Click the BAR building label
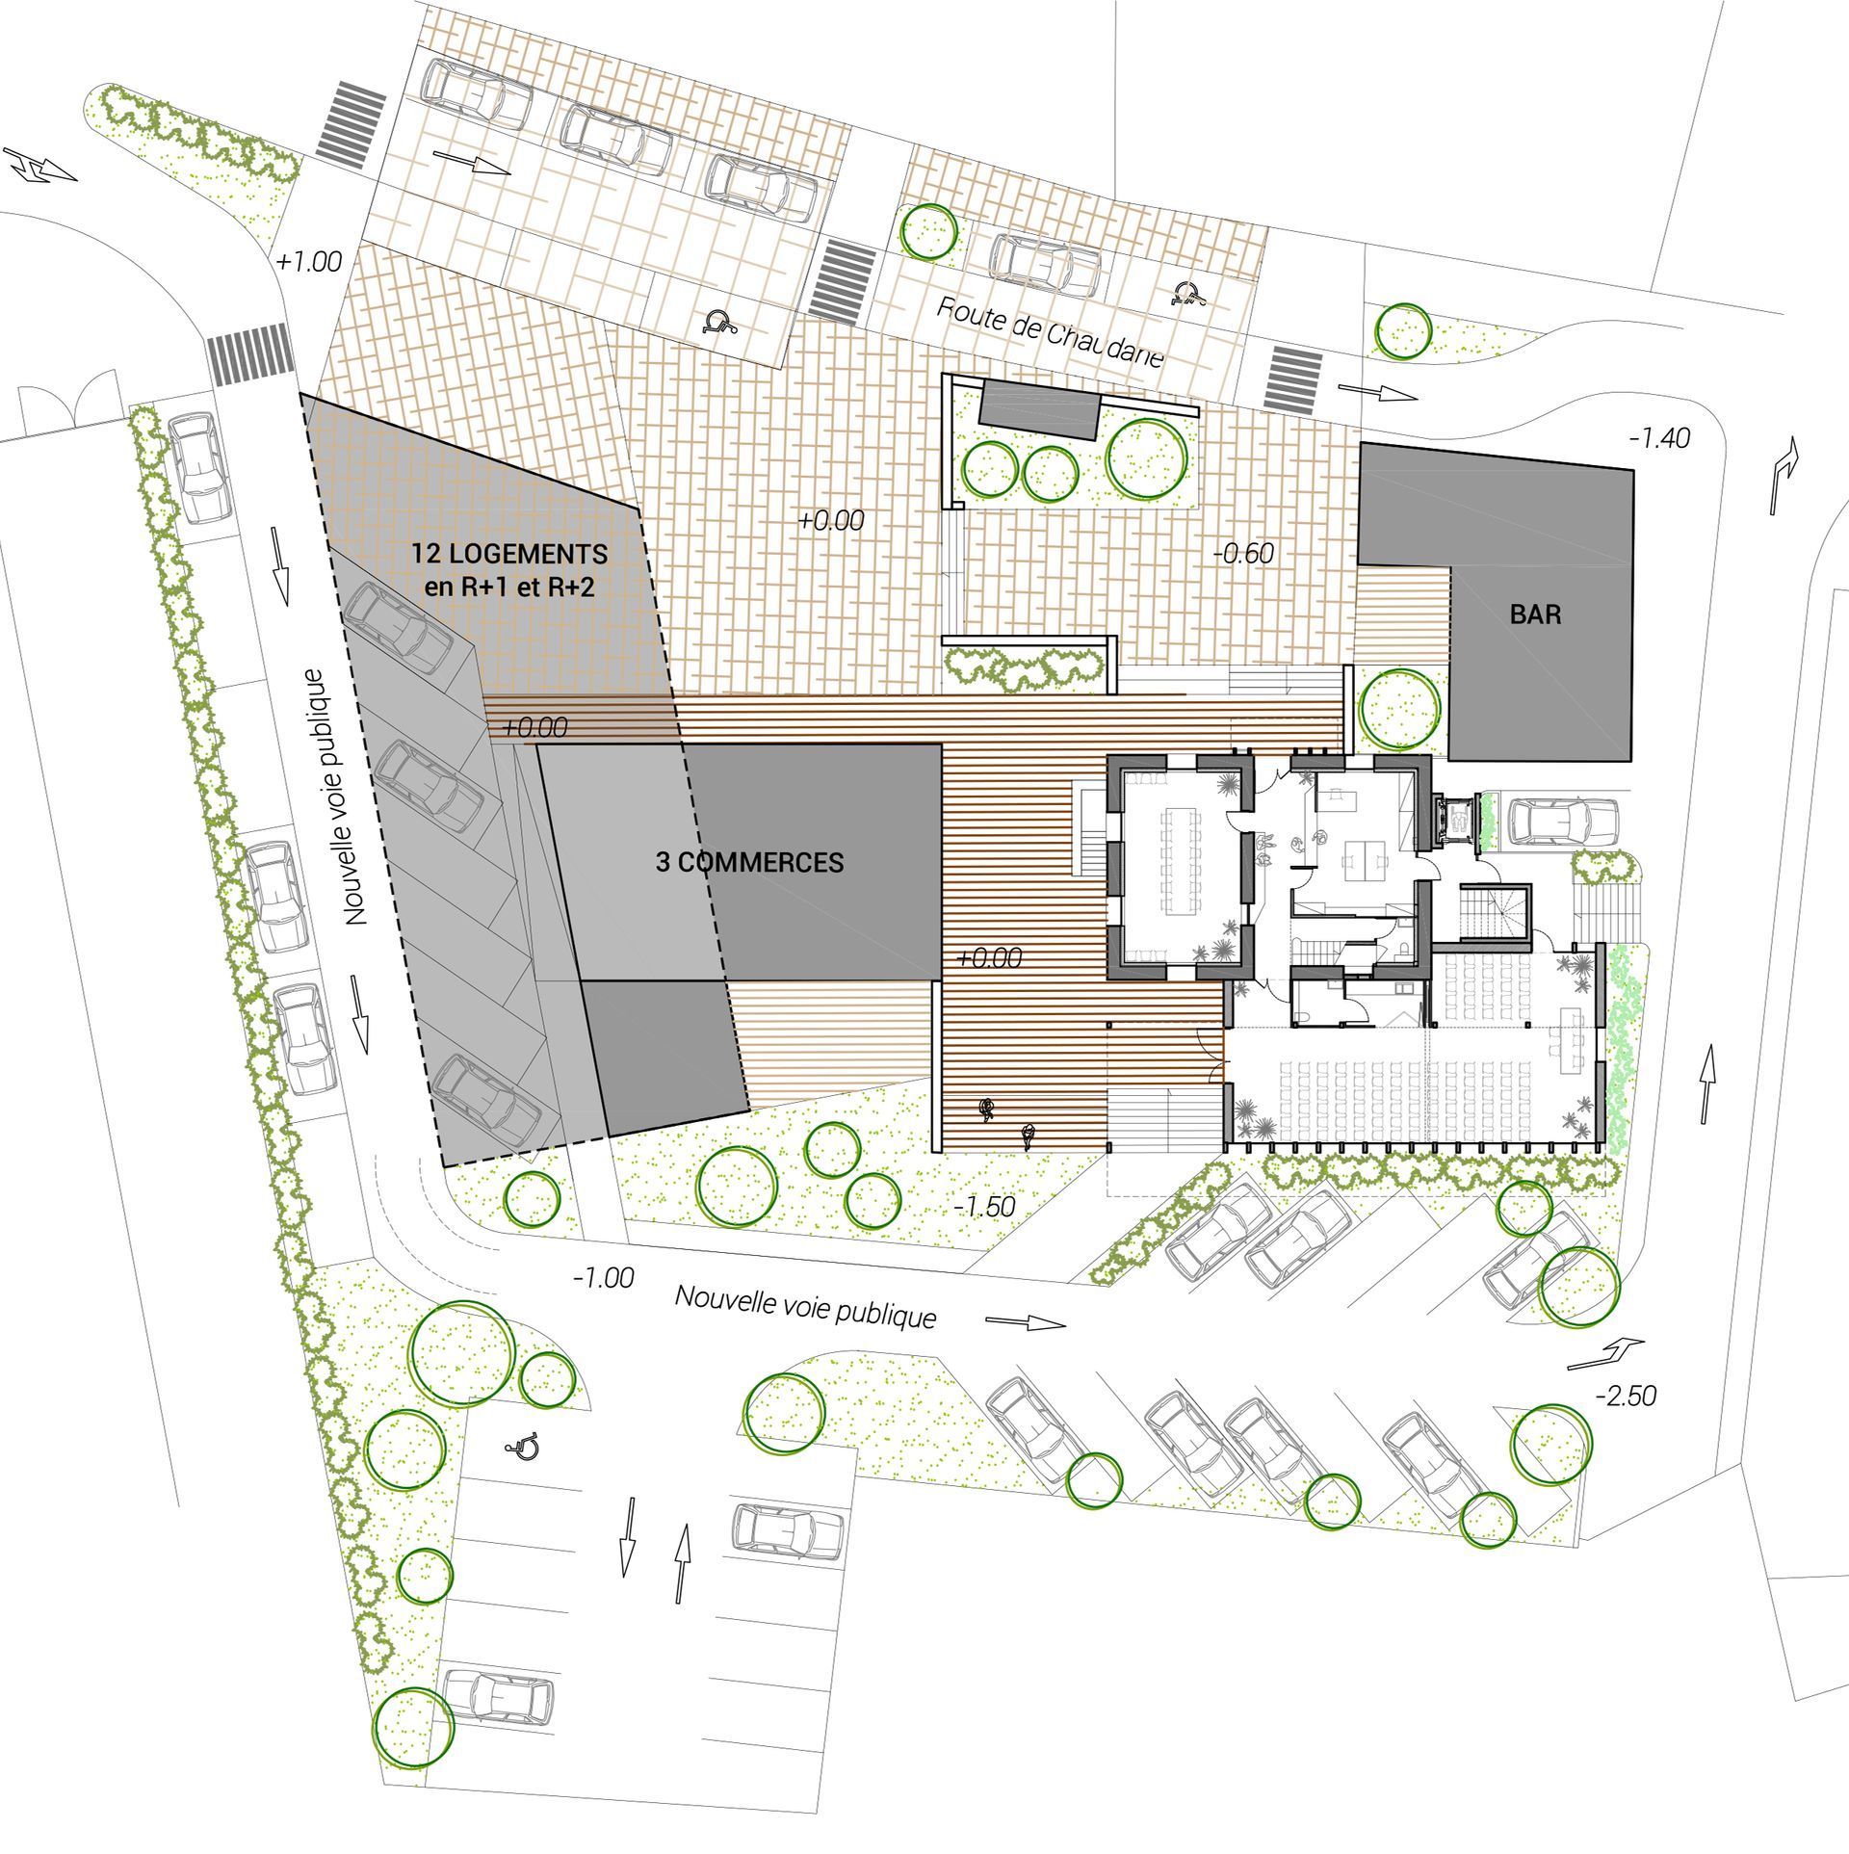tap(1535, 614)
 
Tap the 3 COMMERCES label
tap(749, 862)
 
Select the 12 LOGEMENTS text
tap(509, 554)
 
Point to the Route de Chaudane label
tap(1051, 332)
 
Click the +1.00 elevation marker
tap(309, 261)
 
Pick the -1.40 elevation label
tap(1659, 438)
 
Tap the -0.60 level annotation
tap(1243, 553)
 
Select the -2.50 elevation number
tap(1626, 1395)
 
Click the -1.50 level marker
tap(983, 1207)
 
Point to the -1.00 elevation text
tap(603, 1278)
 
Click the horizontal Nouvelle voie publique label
tap(805, 1306)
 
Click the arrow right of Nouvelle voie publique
tap(1026, 1322)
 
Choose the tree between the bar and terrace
tap(1400, 709)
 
